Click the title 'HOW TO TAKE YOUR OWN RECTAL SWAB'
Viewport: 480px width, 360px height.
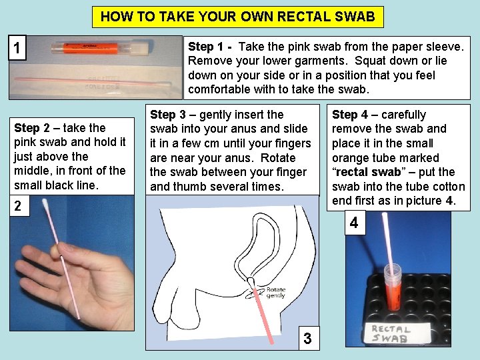click(238, 17)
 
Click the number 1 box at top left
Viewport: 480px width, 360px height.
click(17, 49)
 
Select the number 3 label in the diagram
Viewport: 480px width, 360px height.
click(307, 338)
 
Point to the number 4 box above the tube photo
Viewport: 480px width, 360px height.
click(353, 223)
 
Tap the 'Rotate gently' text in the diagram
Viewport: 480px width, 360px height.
click(276, 291)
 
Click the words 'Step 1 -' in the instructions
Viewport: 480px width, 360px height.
click(210, 47)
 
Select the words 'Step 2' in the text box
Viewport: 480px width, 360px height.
click(29, 128)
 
